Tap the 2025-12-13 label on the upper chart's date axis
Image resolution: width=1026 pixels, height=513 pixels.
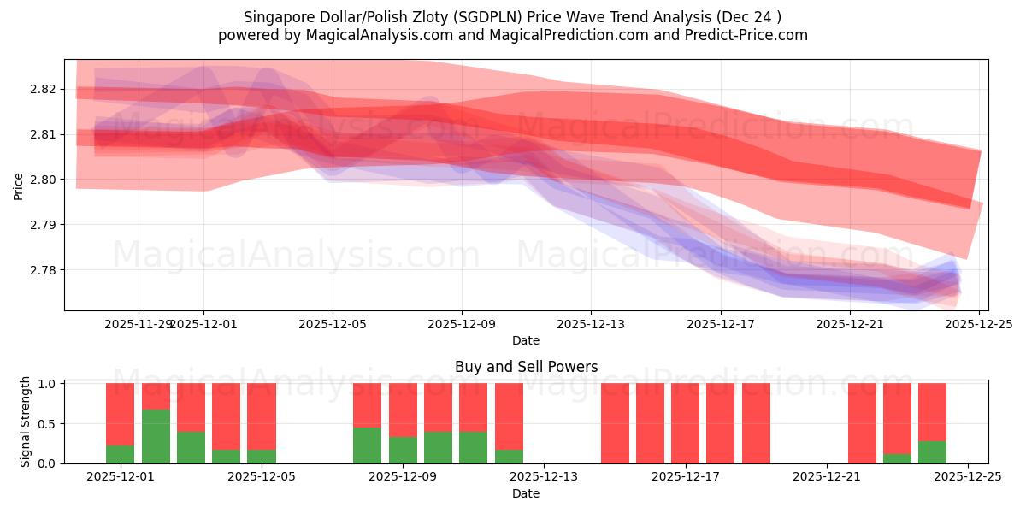coord(591,324)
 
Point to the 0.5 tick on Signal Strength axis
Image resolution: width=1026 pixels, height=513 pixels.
coord(48,423)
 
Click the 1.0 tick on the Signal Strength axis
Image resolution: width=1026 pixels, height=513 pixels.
coord(48,384)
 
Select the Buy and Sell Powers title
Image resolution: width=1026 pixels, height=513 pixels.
coord(526,367)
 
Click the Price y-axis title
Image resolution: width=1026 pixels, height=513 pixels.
coord(18,185)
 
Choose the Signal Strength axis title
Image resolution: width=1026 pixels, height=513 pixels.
coord(26,422)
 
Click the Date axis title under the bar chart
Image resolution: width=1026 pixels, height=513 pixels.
coord(526,493)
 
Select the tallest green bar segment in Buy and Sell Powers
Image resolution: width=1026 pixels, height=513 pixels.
coord(156,436)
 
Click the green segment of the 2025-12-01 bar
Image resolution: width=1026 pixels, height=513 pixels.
coord(120,454)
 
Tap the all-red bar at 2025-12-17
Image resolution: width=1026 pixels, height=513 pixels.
coord(685,423)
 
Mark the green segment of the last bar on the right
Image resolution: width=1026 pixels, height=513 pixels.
coord(932,451)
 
